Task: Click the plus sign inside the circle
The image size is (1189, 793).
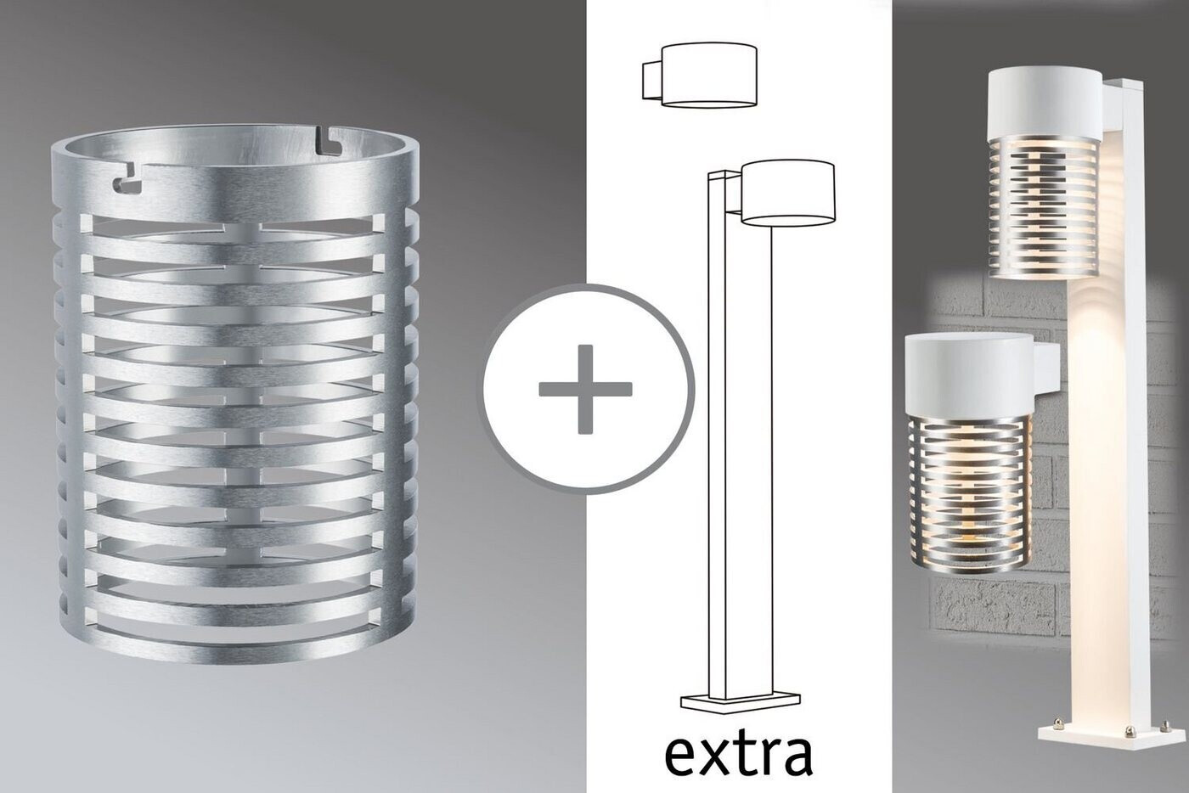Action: pos(585,389)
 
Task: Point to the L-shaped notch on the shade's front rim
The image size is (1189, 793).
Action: pos(127,183)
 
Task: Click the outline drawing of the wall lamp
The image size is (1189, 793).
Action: pos(699,76)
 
